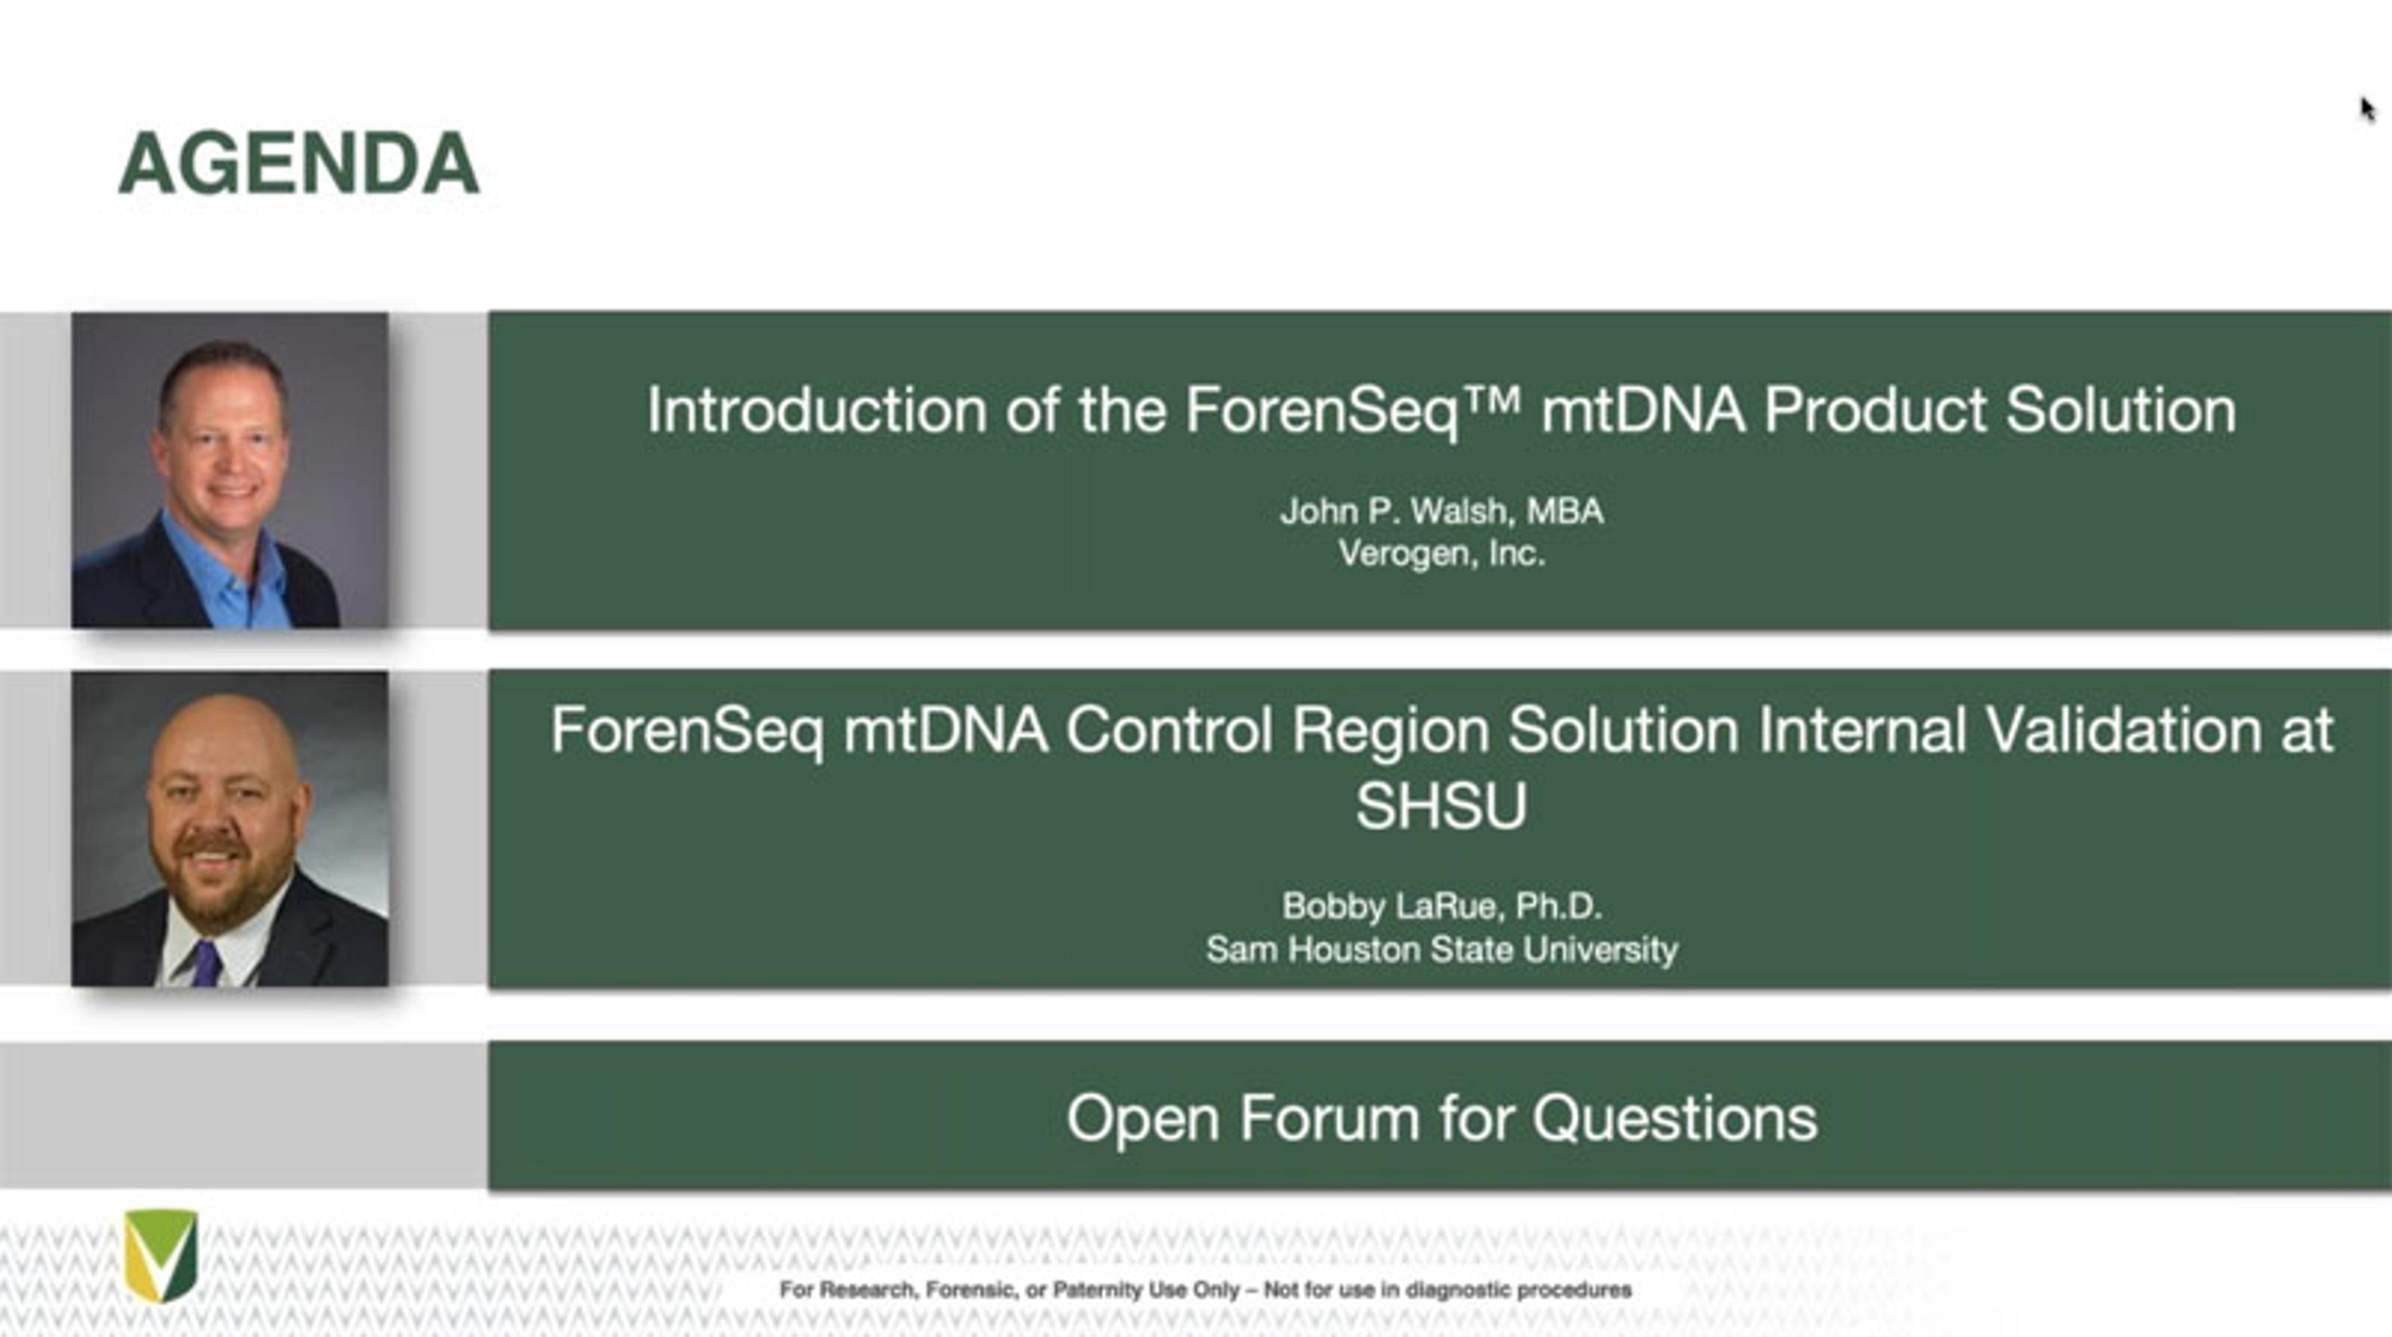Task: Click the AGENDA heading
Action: (x=299, y=163)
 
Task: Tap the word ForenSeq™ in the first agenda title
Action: (x=1354, y=410)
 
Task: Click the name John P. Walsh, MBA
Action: (x=1441, y=511)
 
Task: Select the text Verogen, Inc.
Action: (x=1441, y=554)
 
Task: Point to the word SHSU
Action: (x=1441, y=805)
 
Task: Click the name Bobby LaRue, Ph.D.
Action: (x=1442, y=906)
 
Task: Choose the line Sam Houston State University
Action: (x=1442, y=949)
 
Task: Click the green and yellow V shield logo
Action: (x=161, y=1254)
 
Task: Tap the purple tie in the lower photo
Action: (x=206, y=962)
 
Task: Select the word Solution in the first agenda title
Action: (x=2121, y=410)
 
